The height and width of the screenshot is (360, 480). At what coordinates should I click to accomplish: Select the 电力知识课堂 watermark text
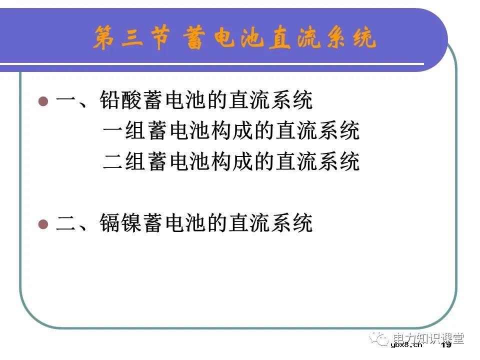(428, 337)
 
